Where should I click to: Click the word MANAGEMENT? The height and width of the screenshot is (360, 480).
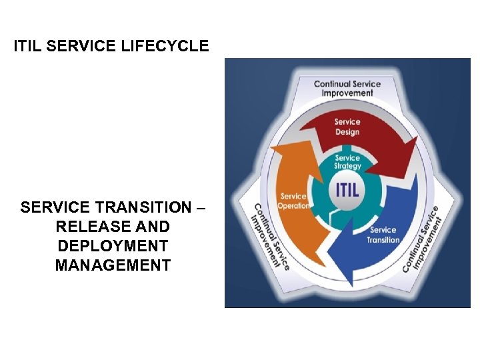pos(113,265)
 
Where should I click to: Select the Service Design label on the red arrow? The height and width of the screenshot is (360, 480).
pos(347,127)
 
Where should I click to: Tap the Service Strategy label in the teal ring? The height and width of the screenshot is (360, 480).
pos(347,162)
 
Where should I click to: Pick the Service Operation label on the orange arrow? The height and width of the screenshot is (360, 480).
pos(294,201)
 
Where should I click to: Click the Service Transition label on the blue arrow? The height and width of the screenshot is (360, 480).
pos(383,235)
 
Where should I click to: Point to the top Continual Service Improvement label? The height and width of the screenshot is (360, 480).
pos(347,89)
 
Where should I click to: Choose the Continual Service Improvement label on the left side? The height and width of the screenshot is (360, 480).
pos(270,236)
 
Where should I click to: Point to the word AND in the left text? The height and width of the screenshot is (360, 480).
pos(154,227)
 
